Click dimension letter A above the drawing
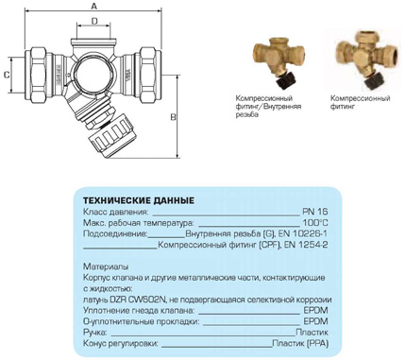pyautogui.click(x=93, y=6)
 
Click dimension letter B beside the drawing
pyautogui.click(x=173, y=117)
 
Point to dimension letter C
pyautogui.click(x=6, y=75)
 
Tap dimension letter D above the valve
pyautogui.click(x=94, y=21)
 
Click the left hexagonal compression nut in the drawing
pyautogui.click(x=39, y=75)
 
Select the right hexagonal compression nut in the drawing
pyautogui.click(x=147, y=75)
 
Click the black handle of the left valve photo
pyautogui.click(x=285, y=81)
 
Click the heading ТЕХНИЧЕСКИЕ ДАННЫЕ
pyautogui.click(x=139, y=200)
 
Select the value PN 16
pyautogui.click(x=315, y=212)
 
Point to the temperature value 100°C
pyautogui.click(x=315, y=223)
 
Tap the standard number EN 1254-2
pyautogui.click(x=306, y=245)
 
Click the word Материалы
pyautogui.click(x=106, y=266)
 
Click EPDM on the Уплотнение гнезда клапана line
pyautogui.click(x=315, y=311)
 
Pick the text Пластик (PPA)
pyautogui.click(x=300, y=343)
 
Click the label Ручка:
pyautogui.click(x=94, y=333)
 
